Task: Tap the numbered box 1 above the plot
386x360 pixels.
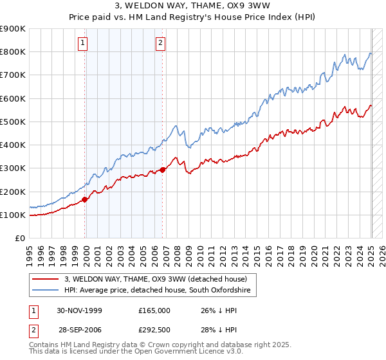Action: (84, 44)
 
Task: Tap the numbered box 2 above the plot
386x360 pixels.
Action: (160, 44)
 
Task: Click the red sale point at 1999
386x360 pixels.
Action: (85, 199)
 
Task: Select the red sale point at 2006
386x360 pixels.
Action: (162, 170)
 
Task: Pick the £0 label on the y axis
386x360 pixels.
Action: (19, 239)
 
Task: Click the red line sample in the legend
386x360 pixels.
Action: (46, 279)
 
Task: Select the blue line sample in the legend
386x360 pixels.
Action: (46, 291)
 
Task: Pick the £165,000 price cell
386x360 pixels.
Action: (154, 310)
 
